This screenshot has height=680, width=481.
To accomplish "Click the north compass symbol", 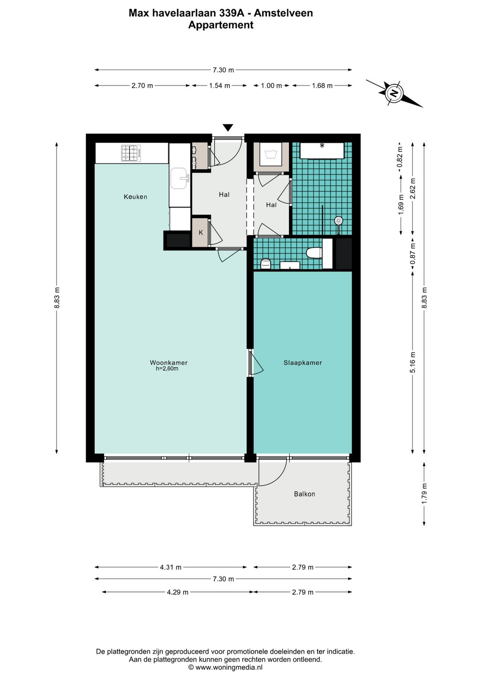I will tap(394, 93).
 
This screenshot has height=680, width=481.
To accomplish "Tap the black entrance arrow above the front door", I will tap(228, 128).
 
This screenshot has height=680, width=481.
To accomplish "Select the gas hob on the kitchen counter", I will tap(131, 153).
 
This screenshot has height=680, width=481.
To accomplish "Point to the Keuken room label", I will tap(135, 197).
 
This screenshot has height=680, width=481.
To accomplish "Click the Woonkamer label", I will tap(168, 362).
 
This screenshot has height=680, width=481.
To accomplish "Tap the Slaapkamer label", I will tap(302, 363).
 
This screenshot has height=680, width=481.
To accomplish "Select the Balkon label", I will tap(304, 494).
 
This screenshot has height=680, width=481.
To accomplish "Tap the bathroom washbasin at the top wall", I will tap(322, 150).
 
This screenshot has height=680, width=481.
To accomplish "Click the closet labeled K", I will tap(200, 232).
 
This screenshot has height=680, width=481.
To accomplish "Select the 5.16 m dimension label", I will tap(413, 362).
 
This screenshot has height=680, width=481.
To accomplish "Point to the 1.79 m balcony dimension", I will tap(424, 494).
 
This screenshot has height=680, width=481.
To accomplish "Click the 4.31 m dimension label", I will tap(171, 567).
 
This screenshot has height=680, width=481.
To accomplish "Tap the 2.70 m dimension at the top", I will tap(142, 86).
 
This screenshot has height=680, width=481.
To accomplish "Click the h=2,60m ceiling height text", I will tap(167, 369).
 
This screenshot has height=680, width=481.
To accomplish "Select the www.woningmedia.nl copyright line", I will tap(225, 667).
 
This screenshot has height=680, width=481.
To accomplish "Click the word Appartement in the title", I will tap(220, 25).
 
